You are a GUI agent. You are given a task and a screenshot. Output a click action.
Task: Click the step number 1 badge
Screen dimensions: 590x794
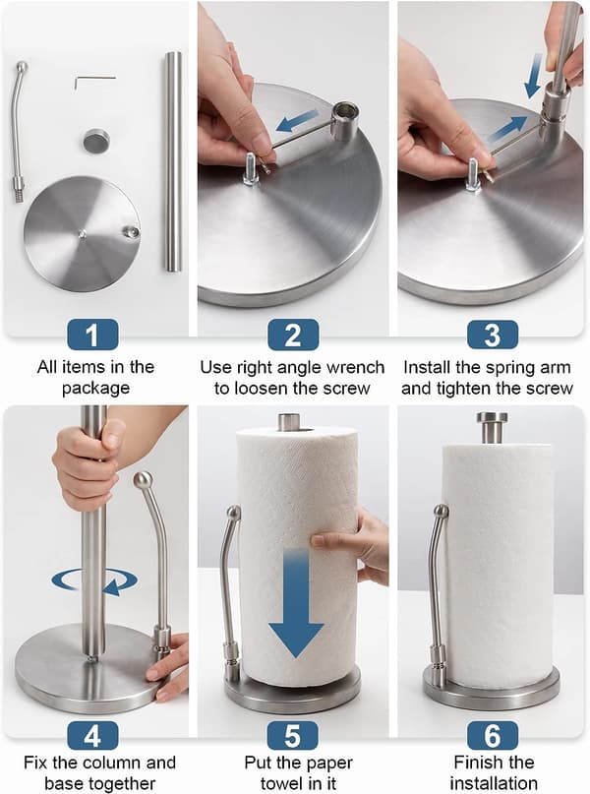pyautogui.click(x=92, y=335)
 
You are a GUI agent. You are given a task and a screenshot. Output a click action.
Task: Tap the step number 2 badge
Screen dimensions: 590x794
pyautogui.click(x=293, y=335)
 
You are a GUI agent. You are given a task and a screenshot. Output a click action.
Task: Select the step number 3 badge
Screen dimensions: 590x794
pyautogui.click(x=493, y=335)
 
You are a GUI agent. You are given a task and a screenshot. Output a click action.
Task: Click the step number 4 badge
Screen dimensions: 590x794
pyautogui.click(x=92, y=735)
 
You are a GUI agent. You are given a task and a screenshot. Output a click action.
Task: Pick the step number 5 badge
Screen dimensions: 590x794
pyautogui.click(x=293, y=735)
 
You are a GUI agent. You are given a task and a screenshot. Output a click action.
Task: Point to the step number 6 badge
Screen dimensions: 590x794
pyautogui.click(x=493, y=735)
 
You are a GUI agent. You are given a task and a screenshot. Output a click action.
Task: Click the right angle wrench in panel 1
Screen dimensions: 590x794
pyautogui.click(x=94, y=79)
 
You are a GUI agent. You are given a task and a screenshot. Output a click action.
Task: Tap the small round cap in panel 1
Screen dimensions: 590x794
pyautogui.click(x=96, y=140)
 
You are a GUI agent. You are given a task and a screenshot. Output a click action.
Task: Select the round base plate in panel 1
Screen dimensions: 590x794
pyautogui.click(x=82, y=233)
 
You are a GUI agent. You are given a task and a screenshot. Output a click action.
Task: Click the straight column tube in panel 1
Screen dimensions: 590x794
pyautogui.click(x=173, y=161)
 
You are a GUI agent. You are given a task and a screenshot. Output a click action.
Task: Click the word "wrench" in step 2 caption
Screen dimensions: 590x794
pyautogui.click(x=356, y=367)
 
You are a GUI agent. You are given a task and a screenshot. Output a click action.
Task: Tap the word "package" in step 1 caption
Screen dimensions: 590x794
pyautogui.click(x=95, y=389)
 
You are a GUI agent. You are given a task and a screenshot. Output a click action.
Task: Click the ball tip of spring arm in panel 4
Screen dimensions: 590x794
pyautogui.click(x=143, y=478)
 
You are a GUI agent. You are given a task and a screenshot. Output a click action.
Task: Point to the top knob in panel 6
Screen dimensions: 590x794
pyautogui.click(x=492, y=426)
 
